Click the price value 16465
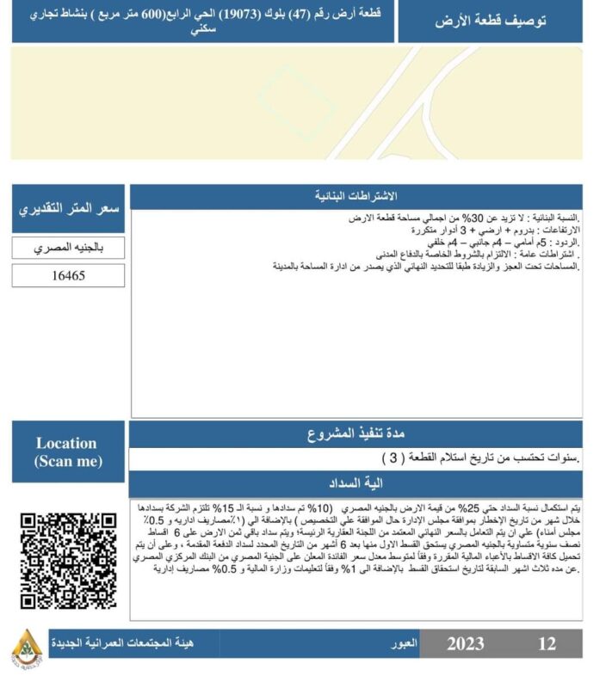pos(68,276)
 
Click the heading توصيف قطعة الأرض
pos(490,21)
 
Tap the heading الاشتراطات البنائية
pos(356,197)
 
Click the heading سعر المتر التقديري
pos(69,209)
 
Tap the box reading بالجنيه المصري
pos(68,248)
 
